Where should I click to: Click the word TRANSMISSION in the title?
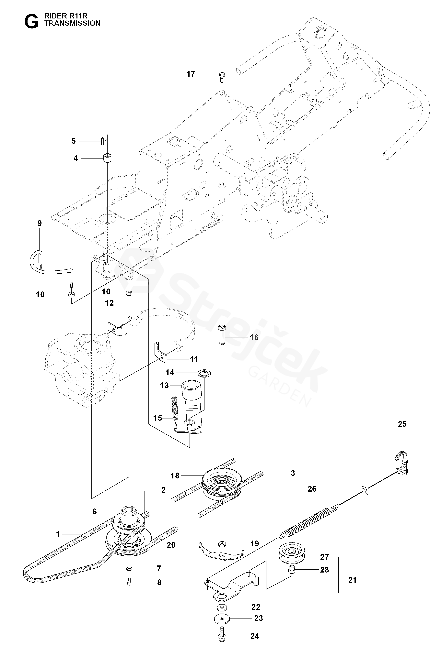(x=72, y=23)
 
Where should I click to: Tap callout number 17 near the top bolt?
(x=191, y=74)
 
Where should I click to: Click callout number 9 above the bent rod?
(x=40, y=223)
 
